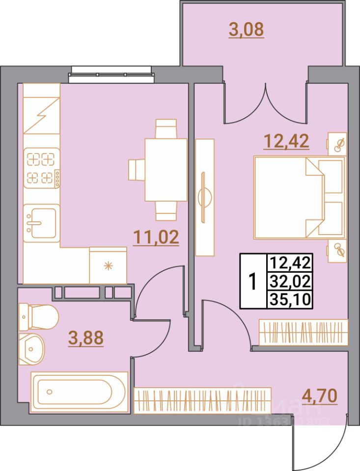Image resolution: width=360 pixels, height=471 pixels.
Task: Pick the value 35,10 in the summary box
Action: [x=290, y=299]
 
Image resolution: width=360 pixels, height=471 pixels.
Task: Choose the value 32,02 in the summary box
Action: [x=290, y=282]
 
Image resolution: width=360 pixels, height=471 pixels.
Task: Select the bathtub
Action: [x=80, y=391]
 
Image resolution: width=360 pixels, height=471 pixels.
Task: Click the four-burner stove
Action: [x=41, y=168]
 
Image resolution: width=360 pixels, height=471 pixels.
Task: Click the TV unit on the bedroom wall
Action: [x=205, y=197]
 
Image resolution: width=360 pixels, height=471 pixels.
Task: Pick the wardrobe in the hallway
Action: [x=202, y=400]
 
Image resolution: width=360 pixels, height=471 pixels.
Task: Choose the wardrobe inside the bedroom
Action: [x=303, y=332]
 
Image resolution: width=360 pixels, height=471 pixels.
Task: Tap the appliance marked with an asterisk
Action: [x=108, y=265]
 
